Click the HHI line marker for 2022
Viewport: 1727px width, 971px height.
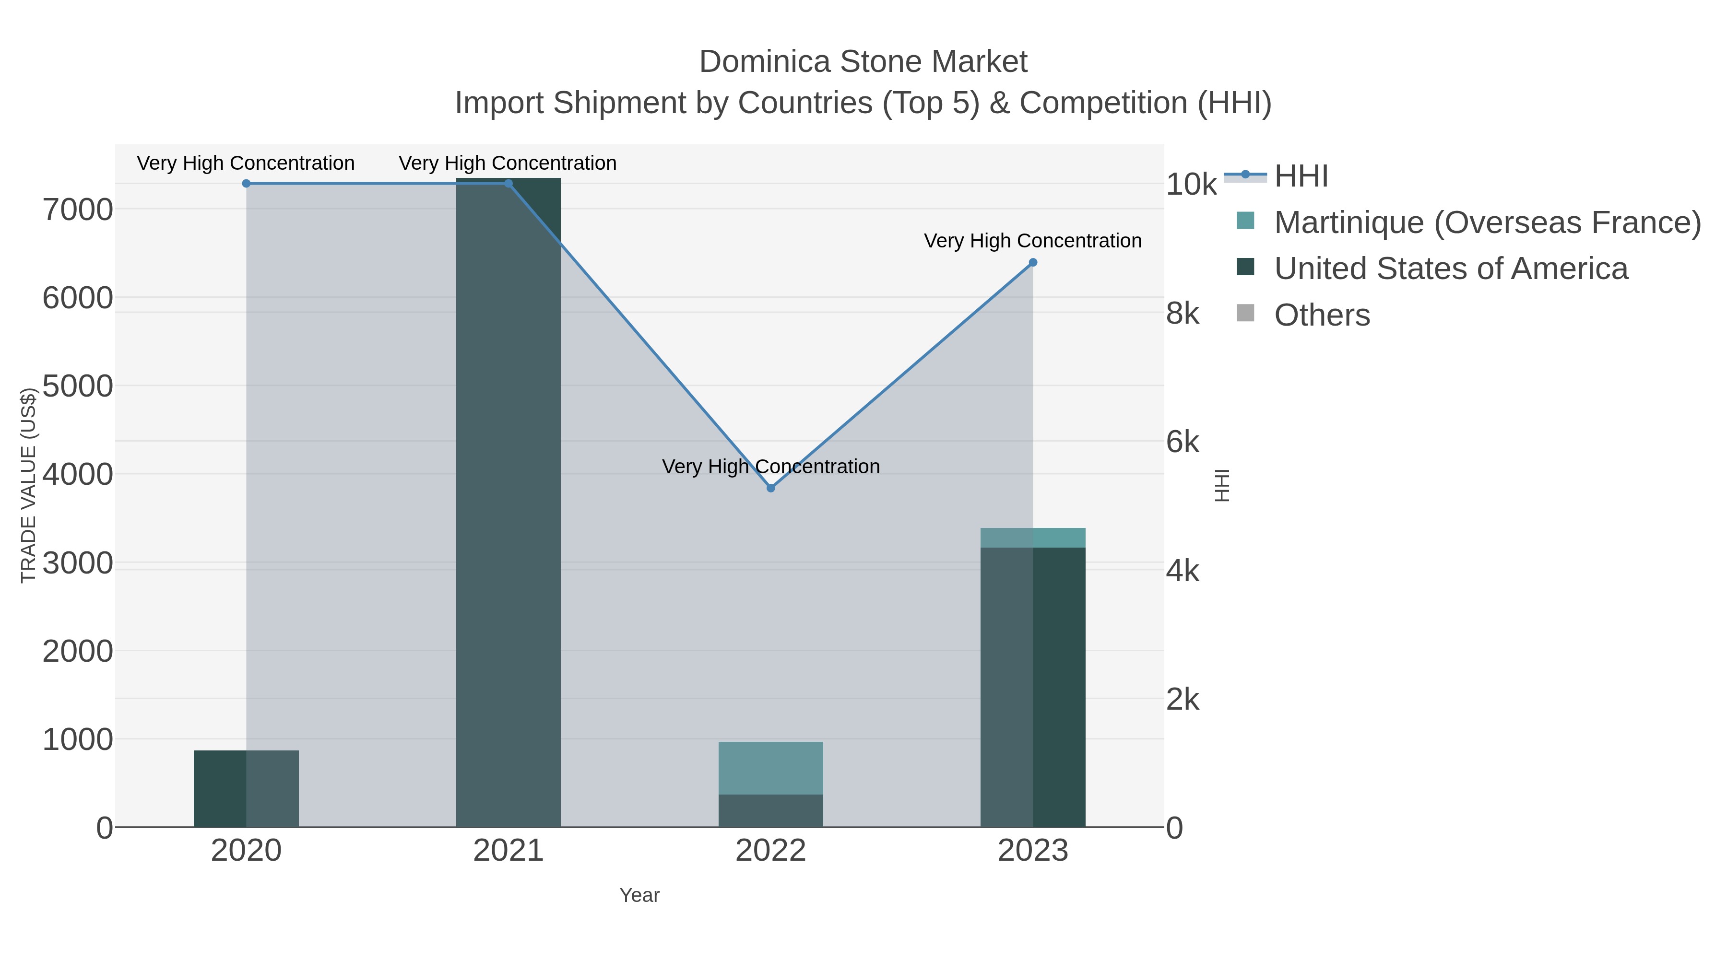[x=770, y=488]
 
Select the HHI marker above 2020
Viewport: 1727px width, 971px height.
[x=246, y=184]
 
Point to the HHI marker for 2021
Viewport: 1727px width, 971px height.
[x=508, y=184]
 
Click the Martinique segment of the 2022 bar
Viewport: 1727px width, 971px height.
[x=770, y=768]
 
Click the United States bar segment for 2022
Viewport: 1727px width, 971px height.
[x=770, y=811]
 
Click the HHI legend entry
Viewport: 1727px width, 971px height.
[x=1301, y=176]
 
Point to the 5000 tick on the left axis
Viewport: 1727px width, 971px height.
[x=78, y=386]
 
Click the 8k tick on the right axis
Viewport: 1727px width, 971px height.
[x=1183, y=314]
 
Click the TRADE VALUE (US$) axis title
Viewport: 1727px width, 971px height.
[x=28, y=485]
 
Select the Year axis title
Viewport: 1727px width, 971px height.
[x=639, y=895]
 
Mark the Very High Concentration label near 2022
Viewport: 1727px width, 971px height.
[x=770, y=467]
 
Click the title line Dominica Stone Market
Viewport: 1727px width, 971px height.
[x=863, y=62]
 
